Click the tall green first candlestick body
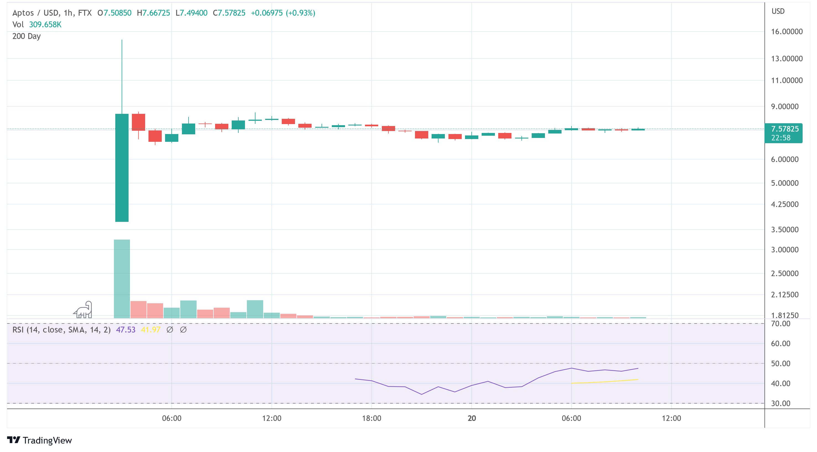pyautogui.click(x=122, y=168)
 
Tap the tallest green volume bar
pyautogui.click(x=122, y=279)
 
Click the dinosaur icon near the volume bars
pyautogui.click(x=83, y=310)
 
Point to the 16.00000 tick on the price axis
pyautogui.click(x=787, y=32)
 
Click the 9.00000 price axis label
pyautogui.click(x=785, y=107)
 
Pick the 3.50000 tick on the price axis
pyautogui.click(x=785, y=230)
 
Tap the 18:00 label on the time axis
pyautogui.click(x=371, y=418)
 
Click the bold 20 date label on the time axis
pyautogui.click(x=472, y=418)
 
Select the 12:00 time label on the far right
pyautogui.click(x=671, y=418)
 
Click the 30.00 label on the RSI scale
pyautogui.click(x=781, y=404)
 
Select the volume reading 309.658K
pyautogui.click(x=45, y=25)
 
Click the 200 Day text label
pyautogui.click(x=26, y=36)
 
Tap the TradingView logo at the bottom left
pyautogui.click(x=40, y=440)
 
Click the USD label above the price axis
pyautogui.click(x=778, y=11)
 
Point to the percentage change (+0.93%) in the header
pyautogui.click(x=300, y=13)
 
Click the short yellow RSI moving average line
pyautogui.click(x=604, y=381)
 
